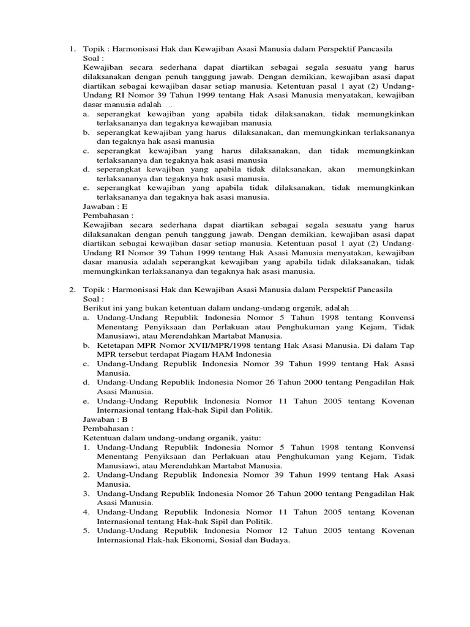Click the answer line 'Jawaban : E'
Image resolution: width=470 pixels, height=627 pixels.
pyautogui.click(x=105, y=207)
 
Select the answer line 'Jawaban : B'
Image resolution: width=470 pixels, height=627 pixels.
pyautogui.click(x=105, y=419)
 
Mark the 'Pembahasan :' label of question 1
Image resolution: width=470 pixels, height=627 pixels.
pyautogui.click(x=108, y=216)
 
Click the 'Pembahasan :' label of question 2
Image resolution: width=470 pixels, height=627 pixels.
pyautogui.click(x=108, y=429)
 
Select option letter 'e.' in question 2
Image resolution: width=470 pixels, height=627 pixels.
pyautogui.click(x=86, y=400)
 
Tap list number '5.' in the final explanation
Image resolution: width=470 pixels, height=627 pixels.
pyautogui.click(x=86, y=531)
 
